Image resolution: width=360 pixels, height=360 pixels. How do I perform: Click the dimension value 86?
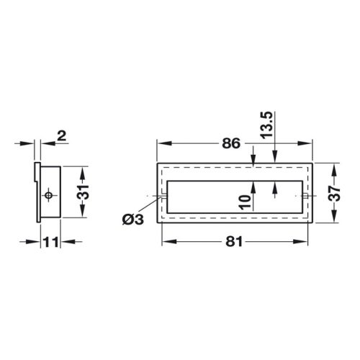pos(231,143)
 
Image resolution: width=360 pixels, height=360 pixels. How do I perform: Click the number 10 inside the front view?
pos(245,202)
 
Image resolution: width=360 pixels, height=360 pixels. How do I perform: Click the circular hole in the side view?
pos(48,195)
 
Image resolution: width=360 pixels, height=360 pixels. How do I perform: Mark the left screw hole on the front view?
pos(164,195)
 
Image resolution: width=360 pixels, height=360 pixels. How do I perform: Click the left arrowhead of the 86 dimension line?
pos(161,143)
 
